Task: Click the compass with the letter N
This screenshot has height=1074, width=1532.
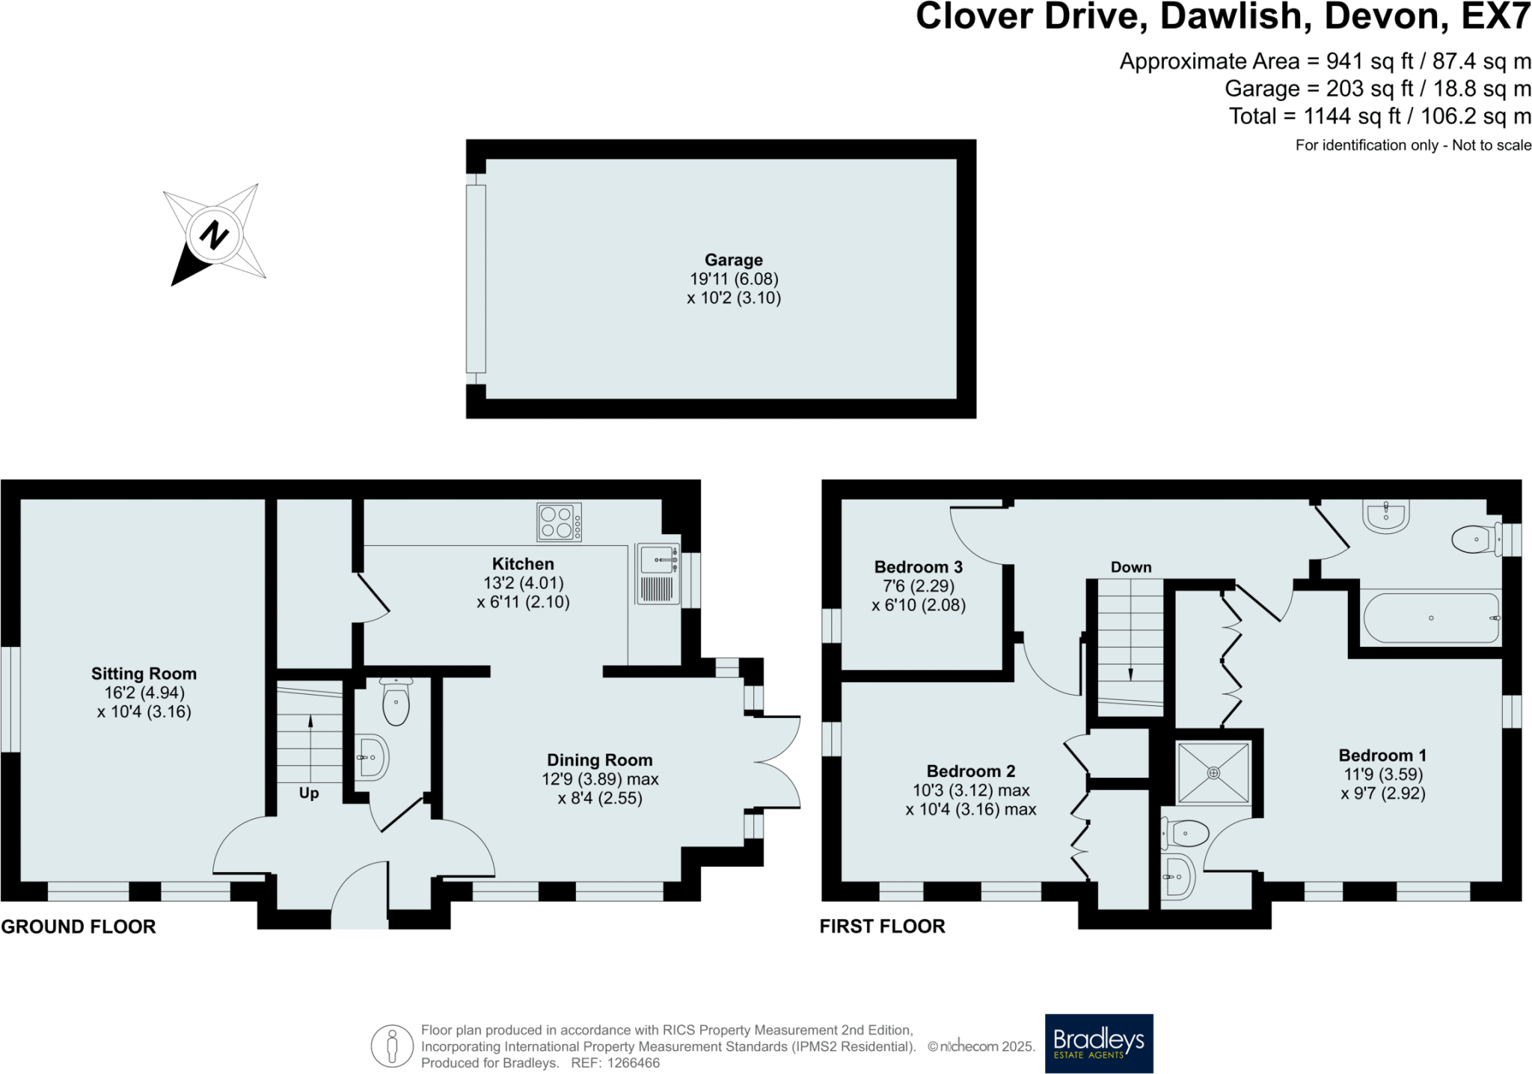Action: (x=215, y=235)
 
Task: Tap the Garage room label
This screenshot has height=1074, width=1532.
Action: (x=734, y=260)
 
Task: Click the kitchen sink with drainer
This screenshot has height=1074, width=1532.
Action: (x=658, y=574)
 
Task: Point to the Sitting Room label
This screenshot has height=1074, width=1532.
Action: (x=144, y=673)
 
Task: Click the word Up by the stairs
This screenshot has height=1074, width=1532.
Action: (x=309, y=794)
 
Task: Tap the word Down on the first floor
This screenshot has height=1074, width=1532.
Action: (x=1131, y=567)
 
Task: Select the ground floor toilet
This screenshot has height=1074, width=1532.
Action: (x=396, y=701)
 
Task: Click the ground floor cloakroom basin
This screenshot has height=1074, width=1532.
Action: (x=372, y=758)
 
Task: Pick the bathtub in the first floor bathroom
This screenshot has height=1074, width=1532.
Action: (x=1431, y=618)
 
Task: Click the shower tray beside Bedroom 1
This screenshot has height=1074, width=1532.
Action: (x=1213, y=773)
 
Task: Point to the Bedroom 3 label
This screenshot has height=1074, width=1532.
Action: (x=919, y=567)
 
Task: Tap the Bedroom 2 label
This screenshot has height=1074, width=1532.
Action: (x=971, y=770)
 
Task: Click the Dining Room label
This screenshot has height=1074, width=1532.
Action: (x=600, y=760)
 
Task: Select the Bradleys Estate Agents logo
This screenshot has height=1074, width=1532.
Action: (x=1099, y=1043)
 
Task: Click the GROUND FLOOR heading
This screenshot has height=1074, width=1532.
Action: (x=79, y=927)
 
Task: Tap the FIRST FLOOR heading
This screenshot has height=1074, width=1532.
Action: (x=883, y=926)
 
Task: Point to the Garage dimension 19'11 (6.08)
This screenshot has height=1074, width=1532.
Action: (x=734, y=279)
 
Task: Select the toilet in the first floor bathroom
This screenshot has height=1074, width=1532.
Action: (x=1477, y=538)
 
